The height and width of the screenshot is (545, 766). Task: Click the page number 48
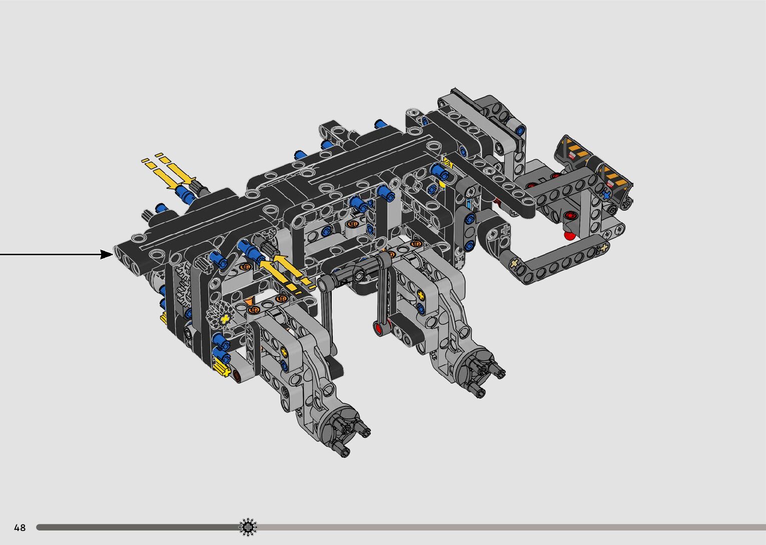pos(20,527)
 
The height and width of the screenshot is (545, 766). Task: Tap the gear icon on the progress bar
pos(248,527)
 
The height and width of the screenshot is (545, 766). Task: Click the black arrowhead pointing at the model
pos(107,254)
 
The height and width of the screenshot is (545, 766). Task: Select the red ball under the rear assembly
pos(569,236)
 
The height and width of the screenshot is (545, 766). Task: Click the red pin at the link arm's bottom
pos(378,329)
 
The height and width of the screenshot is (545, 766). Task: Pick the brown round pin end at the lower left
pos(238,376)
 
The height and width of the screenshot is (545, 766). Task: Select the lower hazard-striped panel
pos(615,180)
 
